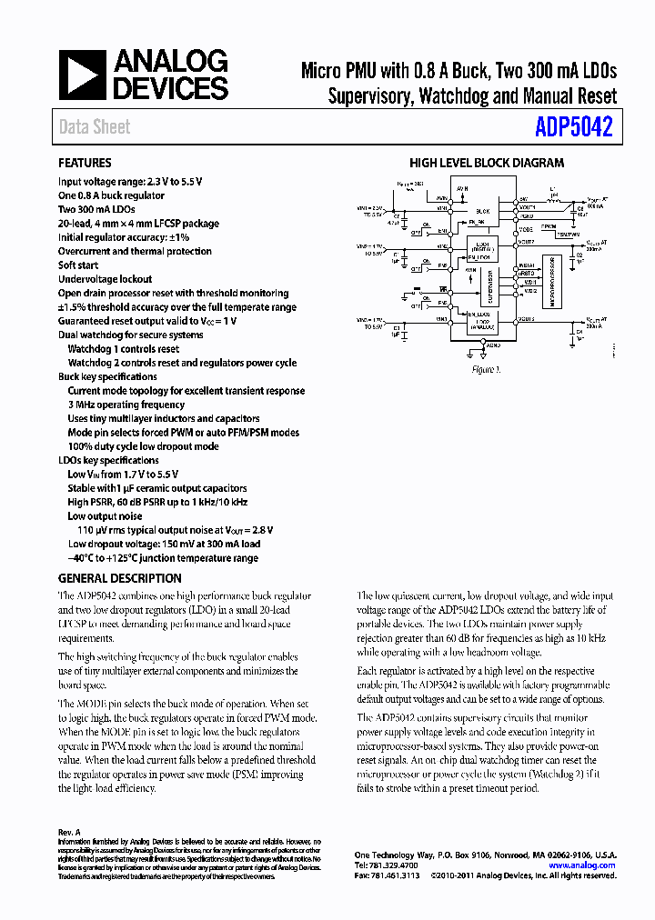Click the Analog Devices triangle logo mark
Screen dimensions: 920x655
pyautogui.click(x=82, y=75)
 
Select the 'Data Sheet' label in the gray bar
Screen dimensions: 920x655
pyautogui.click(x=95, y=127)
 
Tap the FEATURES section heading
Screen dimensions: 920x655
pyautogui.click(x=85, y=164)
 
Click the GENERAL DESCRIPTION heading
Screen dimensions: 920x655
pyautogui.click(x=119, y=578)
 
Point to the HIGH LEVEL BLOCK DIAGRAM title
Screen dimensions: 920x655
pyautogui.click(x=486, y=164)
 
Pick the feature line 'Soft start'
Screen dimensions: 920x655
pyautogui.click(x=78, y=265)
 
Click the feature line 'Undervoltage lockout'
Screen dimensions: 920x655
pyautogui.click(x=106, y=279)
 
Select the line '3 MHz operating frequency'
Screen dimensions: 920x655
pyautogui.click(x=126, y=405)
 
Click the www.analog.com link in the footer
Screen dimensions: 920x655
pyautogui.click(x=582, y=865)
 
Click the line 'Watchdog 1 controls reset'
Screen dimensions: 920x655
pyautogui.click(x=124, y=349)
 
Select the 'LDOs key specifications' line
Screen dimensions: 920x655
pyautogui.click(x=108, y=460)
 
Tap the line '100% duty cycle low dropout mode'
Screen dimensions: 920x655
pyautogui.click(x=143, y=446)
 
